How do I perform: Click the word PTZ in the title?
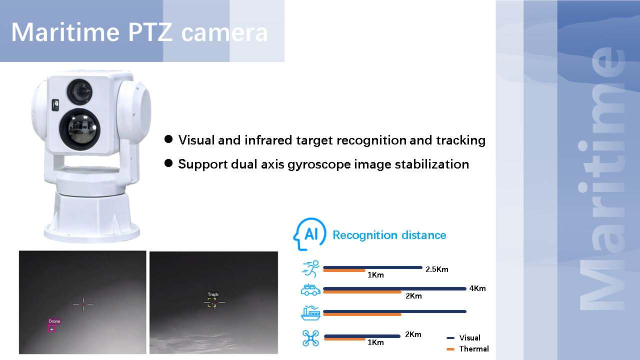150,32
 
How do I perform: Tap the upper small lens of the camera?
79,91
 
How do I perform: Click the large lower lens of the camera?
79,129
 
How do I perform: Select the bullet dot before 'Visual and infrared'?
168,139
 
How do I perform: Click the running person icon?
310,268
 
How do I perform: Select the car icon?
310,289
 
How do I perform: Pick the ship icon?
310,313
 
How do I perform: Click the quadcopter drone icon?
310,338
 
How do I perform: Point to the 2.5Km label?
437,269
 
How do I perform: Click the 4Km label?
477,288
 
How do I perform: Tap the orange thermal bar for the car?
362,292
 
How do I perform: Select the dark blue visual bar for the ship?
395,311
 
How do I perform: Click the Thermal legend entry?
467,349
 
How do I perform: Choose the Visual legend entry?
463,337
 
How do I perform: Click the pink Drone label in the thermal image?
54,321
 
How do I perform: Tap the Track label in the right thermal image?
213,294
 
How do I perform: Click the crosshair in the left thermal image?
83,304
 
